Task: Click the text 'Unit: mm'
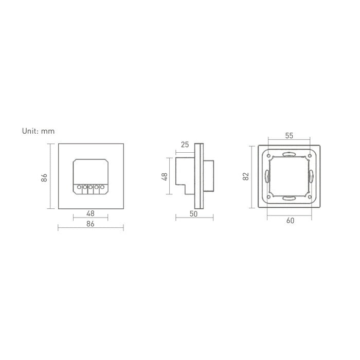coord(38,131)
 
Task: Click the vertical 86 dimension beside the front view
coord(44,178)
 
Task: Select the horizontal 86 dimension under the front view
coord(91,224)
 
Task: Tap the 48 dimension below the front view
coord(91,213)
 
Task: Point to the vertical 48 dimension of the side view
coord(165,176)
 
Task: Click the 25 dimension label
coord(185,145)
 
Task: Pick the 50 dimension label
coord(193,214)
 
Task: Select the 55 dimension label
coord(289,136)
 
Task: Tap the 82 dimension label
coord(246,176)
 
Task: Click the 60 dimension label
coord(290,221)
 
